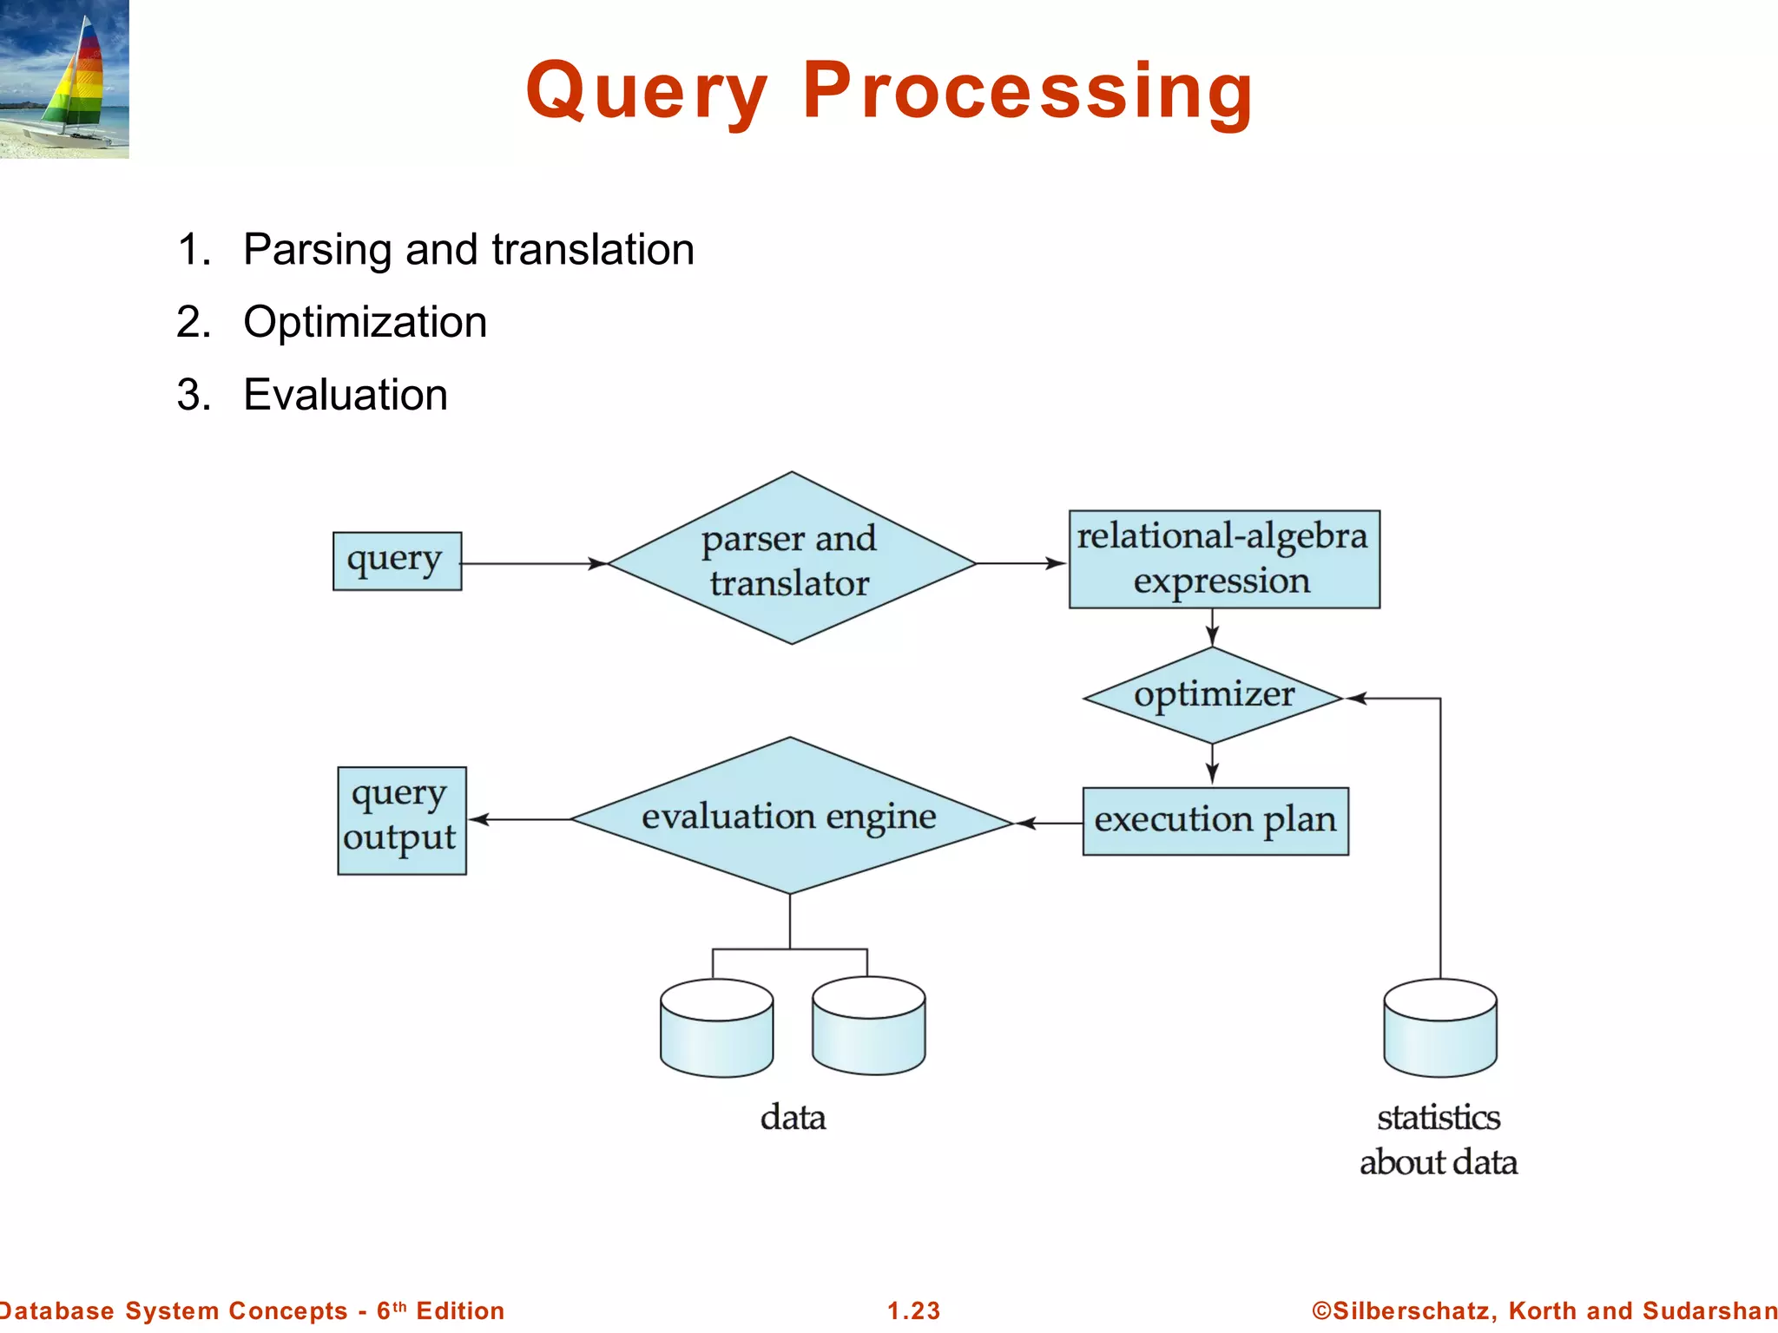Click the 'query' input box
[x=397, y=561]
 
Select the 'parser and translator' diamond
[x=791, y=560]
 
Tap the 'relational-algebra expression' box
[x=1223, y=559]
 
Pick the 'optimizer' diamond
[x=1213, y=695]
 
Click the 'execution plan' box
[x=1215, y=821]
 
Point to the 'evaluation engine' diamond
[x=790, y=817]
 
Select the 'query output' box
[x=401, y=820]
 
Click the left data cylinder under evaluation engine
[x=716, y=1029]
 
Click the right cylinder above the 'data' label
[x=868, y=1027]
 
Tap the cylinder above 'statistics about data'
[x=1439, y=1029]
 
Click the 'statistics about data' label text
[x=1439, y=1139]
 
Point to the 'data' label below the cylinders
[x=793, y=1118]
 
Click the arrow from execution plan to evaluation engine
[x=1049, y=823]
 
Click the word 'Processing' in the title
[x=1027, y=91]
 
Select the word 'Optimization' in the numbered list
[x=365, y=322]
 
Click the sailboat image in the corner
[x=64, y=79]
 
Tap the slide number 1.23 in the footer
[x=913, y=1310]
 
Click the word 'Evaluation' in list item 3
[x=346, y=395]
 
